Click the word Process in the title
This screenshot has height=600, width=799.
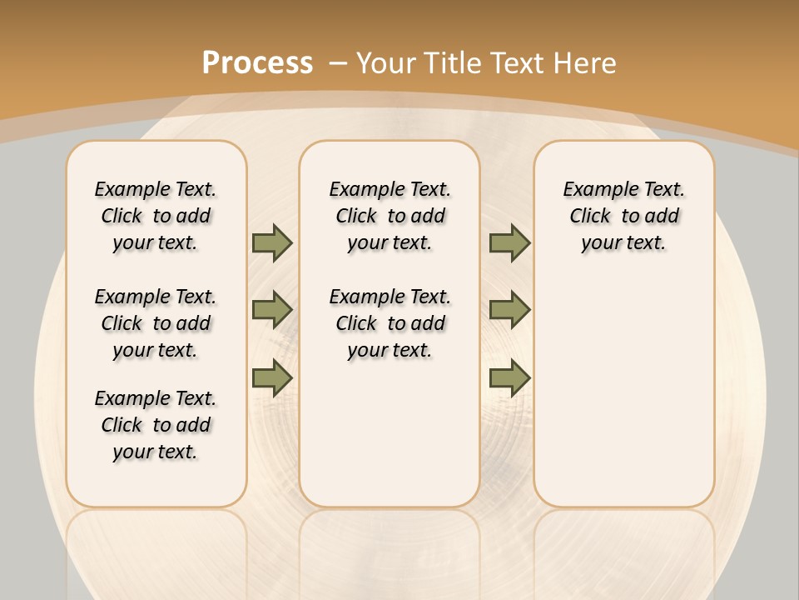(x=257, y=62)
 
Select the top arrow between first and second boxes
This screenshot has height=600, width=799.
(x=272, y=242)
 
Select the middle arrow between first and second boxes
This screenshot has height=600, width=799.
(x=272, y=310)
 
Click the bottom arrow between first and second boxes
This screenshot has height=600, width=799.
(x=272, y=377)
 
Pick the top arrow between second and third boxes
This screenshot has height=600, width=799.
(x=509, y=242)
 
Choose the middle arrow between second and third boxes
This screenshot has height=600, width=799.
(x=509, y=310)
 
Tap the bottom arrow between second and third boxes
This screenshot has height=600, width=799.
(x=509, y=377)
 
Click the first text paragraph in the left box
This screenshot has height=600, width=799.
(x=156, y=216)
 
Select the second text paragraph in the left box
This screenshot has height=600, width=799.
(x=156, y=323)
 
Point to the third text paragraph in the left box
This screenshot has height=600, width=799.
(x=156, y=425)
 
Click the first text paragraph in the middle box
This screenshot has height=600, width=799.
(x=390, y=216)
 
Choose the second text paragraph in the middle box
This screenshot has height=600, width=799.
(x=390, y=323)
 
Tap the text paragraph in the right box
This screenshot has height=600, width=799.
(x=624, y=216)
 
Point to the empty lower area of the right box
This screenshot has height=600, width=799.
(x=624, y=392)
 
